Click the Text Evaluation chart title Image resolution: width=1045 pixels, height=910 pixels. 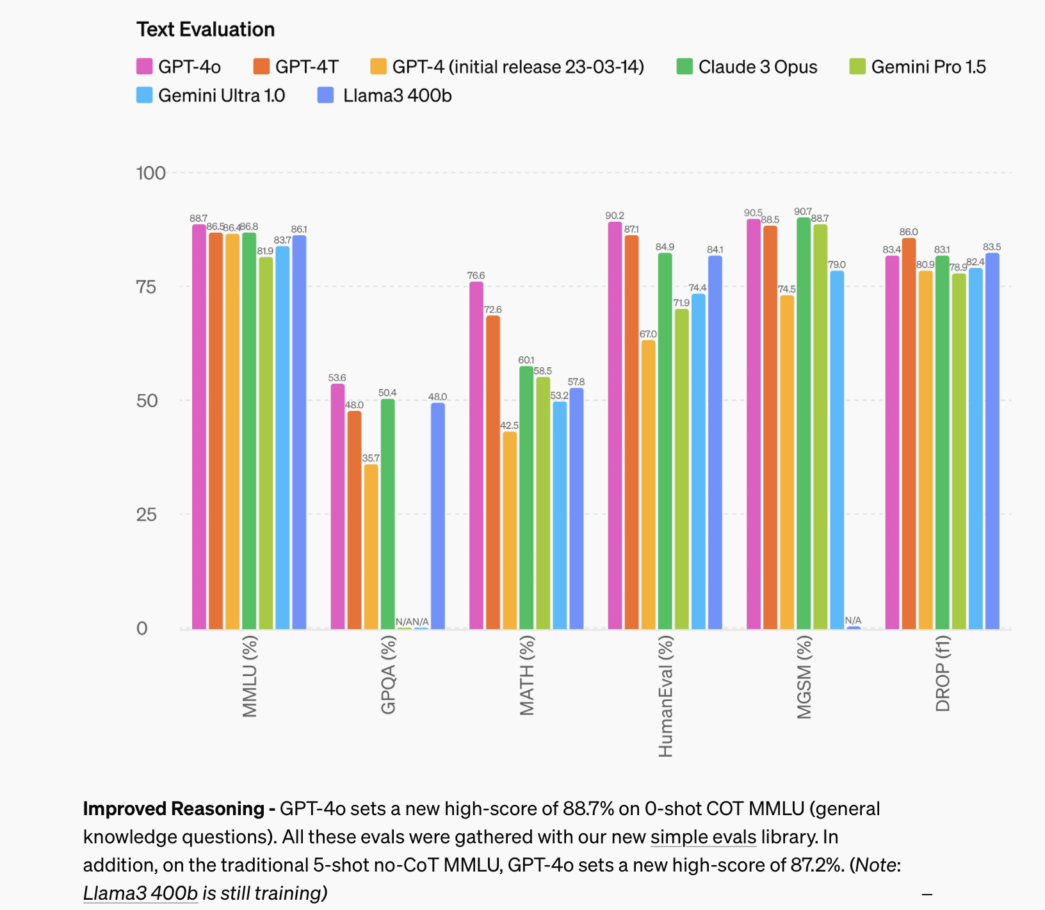click(x=206, y=29)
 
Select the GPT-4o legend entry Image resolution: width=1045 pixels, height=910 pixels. click(x=179, y=67)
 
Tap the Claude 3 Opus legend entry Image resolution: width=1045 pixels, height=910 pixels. click(x=747, y=67)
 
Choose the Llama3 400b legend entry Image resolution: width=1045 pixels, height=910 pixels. click(x=385, y=96)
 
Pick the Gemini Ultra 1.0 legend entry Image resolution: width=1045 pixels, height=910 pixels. click(x=211, y=96)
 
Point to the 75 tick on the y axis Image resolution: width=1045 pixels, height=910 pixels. click(x=147, y=286)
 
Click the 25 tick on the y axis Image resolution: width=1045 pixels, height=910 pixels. click(x=147, y=514)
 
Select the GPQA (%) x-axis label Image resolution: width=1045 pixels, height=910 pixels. click(x=388, y=675)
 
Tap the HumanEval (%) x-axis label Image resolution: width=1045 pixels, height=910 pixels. click(x=665, y=696)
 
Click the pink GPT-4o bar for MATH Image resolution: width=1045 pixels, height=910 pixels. click(x=476, y=455)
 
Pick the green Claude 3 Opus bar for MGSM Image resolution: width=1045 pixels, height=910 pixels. click(x=804, y=423)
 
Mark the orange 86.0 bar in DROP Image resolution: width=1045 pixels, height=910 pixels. click(x=909, y=433)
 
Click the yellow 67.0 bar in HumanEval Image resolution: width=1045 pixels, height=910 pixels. click(x=649, y=484)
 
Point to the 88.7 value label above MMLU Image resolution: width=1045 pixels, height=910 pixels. click(x=198, y=219)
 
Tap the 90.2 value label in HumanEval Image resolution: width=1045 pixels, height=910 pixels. click(x=615, y=216)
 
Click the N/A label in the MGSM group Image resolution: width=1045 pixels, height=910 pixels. click(x=853, y=620)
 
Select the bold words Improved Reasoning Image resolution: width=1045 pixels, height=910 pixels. click(x=174, y=809)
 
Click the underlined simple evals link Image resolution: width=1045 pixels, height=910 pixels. click(x=703, y=837)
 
